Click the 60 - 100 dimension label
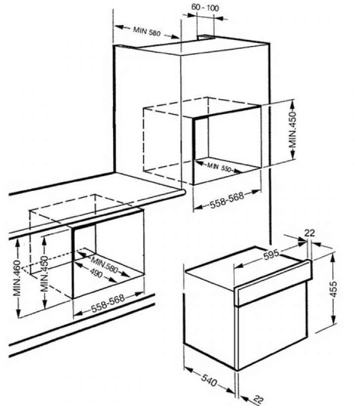pyautogui.click(x=205, y=7)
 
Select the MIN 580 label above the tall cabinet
pyautogui.click(x=147, y=32)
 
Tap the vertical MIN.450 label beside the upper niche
pyautogui.click(x=293, y=129)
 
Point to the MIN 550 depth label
pyautogui.click(x=219, y=167)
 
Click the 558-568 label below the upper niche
pyautogui.click(x=227, y=200)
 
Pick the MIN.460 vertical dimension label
pyautogui.click(x=17, y=278)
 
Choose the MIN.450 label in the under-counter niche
pyautogui.click(x=44, y=273)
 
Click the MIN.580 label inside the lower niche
pyautogui.click(x=104, y=264)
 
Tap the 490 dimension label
pyautogui.click(x=96, y=273)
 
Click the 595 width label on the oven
pyautogui.click(x=271, y=255)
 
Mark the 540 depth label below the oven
pyautogui.click(x=209, y=380)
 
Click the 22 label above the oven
pyautogui.click(x=310, y=233)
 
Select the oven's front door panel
pyautogui.click(x=272, y=325)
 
